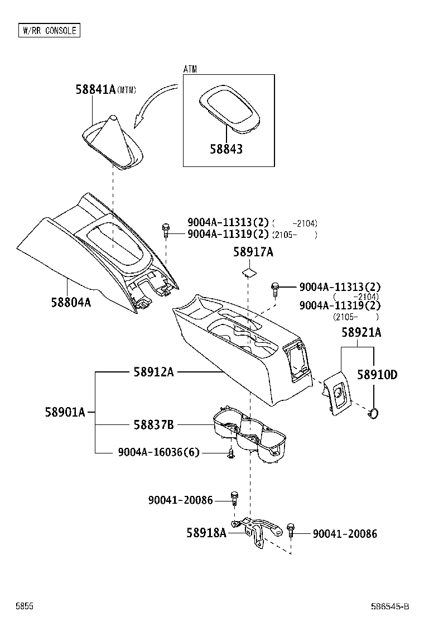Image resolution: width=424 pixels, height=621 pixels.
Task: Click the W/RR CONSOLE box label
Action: (49, 30)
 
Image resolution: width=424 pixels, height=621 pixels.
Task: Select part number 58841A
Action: (95, 89)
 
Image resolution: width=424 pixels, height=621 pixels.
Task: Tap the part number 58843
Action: (227, 149)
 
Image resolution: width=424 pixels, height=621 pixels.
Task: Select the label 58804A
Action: (71, 302)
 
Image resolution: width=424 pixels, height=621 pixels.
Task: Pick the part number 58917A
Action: (253, 253)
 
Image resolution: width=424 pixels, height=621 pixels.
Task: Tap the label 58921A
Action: (362, 333)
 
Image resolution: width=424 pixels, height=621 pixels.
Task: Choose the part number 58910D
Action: (377, 375)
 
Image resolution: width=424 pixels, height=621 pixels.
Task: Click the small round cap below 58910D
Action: (373, 413)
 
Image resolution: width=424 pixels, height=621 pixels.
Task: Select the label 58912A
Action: (153, 371)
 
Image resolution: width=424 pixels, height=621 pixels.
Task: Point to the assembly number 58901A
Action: (65, 412)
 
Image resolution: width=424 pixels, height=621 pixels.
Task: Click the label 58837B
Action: (153, 425)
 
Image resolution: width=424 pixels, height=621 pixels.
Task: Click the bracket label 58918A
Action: (206, 533)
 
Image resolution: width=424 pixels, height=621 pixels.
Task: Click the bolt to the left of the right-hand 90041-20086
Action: (291, 529)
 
